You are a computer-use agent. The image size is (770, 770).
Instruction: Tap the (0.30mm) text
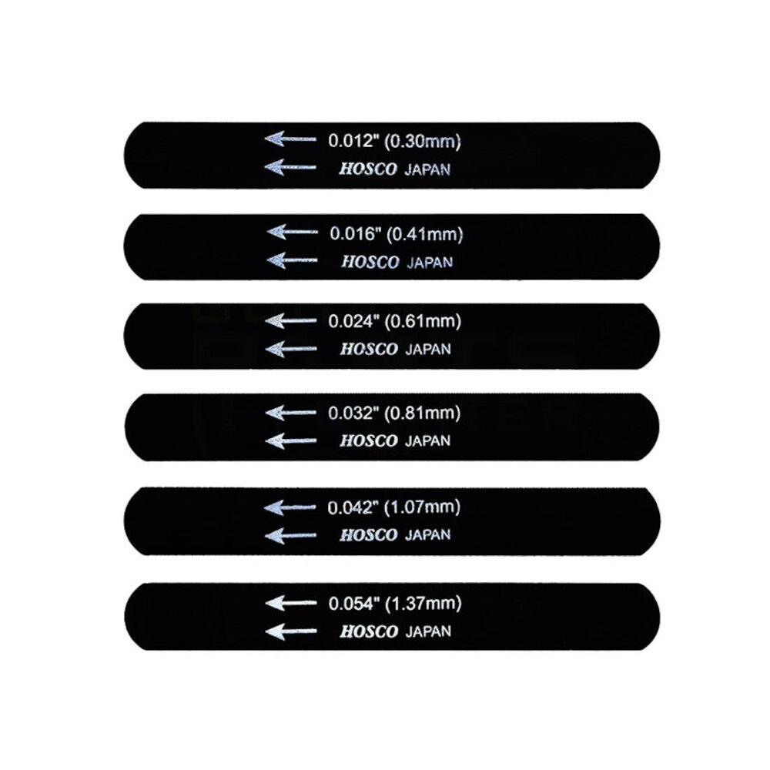pyautogui.click(x=422, y=141)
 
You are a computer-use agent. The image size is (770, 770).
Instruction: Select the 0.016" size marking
pyautogui.click(x=356, y=233)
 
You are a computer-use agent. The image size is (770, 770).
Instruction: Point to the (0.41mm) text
pyautogui.click(x=425, y=234)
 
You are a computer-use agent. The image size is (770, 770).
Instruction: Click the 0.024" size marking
pyautogui.click(x=354, y=321)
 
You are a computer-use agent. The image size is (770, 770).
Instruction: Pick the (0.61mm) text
pyautogui.click(x=423, y=321)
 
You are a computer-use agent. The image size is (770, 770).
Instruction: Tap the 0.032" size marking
pyautogui.click(x=353, y=413)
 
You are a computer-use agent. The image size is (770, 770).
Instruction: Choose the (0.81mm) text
pyautogui.click(x=422, y=413)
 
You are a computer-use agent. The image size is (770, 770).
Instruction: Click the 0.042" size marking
pyautogui.click(x=353, y=507)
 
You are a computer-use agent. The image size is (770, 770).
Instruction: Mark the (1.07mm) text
pyautogui.click(x=422, y=507)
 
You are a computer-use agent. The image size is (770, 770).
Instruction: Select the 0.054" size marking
pyautogui.click(x=354, y=604)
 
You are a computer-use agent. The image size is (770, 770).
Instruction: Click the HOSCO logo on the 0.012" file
pyautogui.click(x=368, y=169)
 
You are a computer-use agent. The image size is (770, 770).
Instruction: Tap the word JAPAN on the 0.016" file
pyautogui.click(x=430, y=263)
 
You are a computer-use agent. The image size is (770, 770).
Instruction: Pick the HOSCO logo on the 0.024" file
pyautogui.click(x=369, y=349)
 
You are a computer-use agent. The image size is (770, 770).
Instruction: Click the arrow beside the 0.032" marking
pyautogui.click(x=290, y=413)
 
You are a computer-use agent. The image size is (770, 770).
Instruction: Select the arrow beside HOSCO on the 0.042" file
pyautogui.click(x=290, y=535)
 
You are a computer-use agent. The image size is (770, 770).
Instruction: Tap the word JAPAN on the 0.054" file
pyautogui.click(x=428, y=631)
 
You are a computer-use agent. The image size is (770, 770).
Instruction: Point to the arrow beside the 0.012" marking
pyautogui.click(x=290, y=139)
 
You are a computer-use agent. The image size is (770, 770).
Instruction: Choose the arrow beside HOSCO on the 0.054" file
pyautogui.click(x=291, y=631)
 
